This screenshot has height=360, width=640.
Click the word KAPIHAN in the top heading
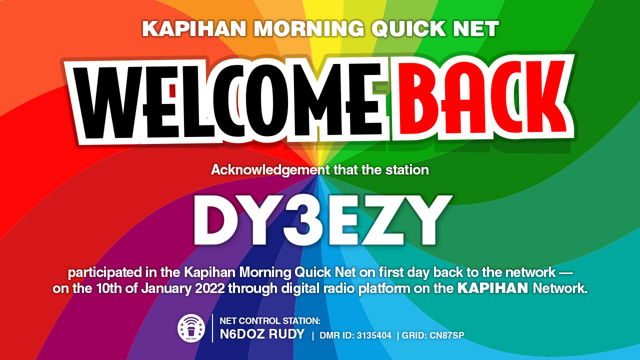[194, 28]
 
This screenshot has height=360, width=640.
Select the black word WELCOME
[228, 101]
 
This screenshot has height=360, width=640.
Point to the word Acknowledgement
[270, 170]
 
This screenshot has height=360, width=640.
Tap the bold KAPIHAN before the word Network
[493, 288]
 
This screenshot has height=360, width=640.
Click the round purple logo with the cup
[191, 328]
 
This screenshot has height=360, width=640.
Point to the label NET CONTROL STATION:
[270, 321]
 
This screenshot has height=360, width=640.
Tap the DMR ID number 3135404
[374, 335]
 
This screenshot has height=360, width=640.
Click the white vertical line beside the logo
[212, 328]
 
